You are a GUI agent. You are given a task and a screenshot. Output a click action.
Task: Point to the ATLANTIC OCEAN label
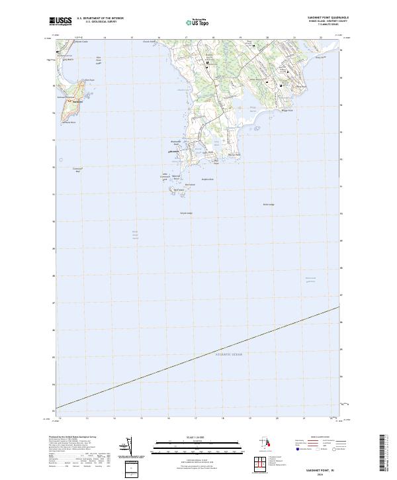(x=228, y=356)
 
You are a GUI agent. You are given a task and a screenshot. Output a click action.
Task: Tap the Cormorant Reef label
(x=77, y=169)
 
